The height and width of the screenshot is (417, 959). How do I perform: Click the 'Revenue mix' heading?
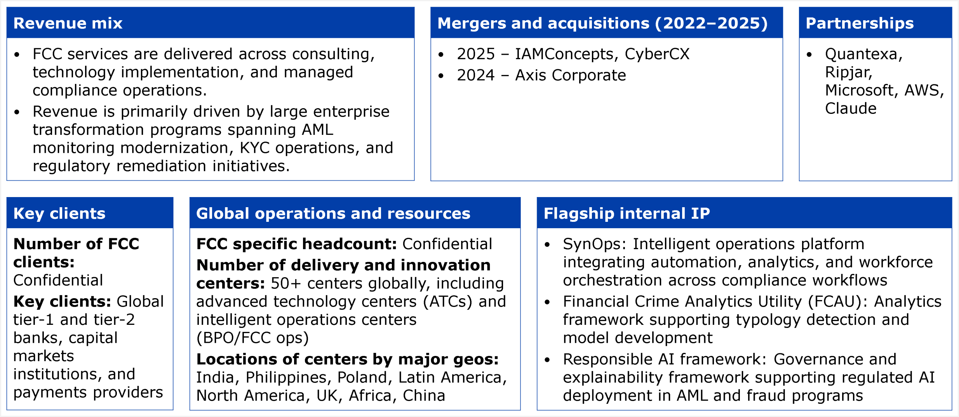point(68,23)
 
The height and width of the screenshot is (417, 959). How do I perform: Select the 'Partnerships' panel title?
point(860,23)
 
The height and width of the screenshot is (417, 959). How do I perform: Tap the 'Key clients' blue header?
point(59,214)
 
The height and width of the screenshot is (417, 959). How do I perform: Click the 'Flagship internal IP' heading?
point(627,214)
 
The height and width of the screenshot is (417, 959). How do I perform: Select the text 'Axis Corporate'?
point(571,75)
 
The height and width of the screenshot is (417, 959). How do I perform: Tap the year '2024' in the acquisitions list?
point(476,75)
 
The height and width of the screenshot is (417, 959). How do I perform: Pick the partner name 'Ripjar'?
point(848,72)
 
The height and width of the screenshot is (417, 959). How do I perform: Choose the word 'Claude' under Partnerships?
point(851,109)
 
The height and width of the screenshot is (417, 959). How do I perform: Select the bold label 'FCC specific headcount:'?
point(297,244)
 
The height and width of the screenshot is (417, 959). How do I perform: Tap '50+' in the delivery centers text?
point(286,284)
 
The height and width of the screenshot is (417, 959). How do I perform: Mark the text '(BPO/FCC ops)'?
point(252,338)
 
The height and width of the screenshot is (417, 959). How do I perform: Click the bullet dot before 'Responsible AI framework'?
point(547,360)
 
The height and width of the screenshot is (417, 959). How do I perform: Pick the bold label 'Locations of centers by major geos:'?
point(348,359)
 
